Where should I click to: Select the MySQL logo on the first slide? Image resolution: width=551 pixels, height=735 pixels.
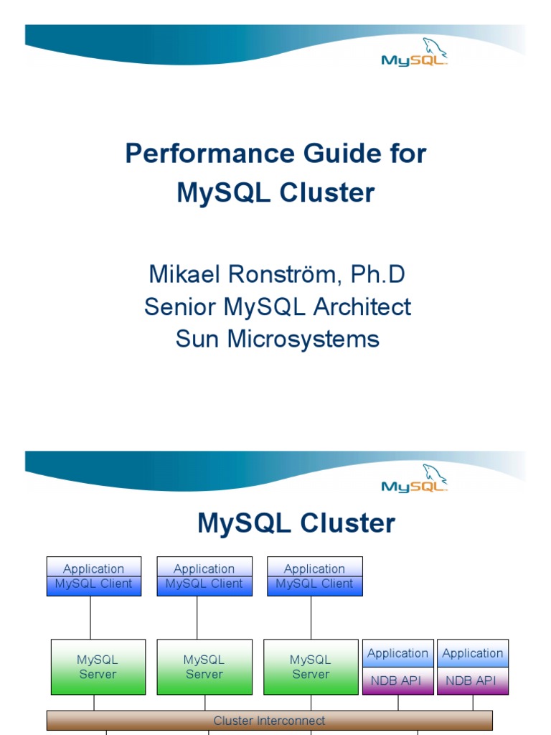click(x=415, y=54)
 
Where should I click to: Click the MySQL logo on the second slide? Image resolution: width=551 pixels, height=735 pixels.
click(x=415, y=480)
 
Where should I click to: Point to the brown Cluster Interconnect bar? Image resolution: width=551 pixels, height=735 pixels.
click(x=269, y=720)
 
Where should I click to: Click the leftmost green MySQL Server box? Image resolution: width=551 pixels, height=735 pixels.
click(x=98, y=667)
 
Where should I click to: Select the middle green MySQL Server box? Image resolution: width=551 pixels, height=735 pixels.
click(x=204, y=667)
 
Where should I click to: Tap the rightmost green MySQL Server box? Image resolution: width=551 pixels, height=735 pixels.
click(x=311, y=667)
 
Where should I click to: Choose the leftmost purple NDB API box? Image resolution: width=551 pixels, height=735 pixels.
click(x=398, y=680)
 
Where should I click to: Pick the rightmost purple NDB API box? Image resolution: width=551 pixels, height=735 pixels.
click(x=473, y=680)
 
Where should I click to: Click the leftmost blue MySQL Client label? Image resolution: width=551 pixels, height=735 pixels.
click(x=94, y=584)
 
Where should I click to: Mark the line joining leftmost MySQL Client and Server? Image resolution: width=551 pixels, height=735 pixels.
click(x=90, y=617)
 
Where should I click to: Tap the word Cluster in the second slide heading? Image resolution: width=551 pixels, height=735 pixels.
click(x=348, y=523)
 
